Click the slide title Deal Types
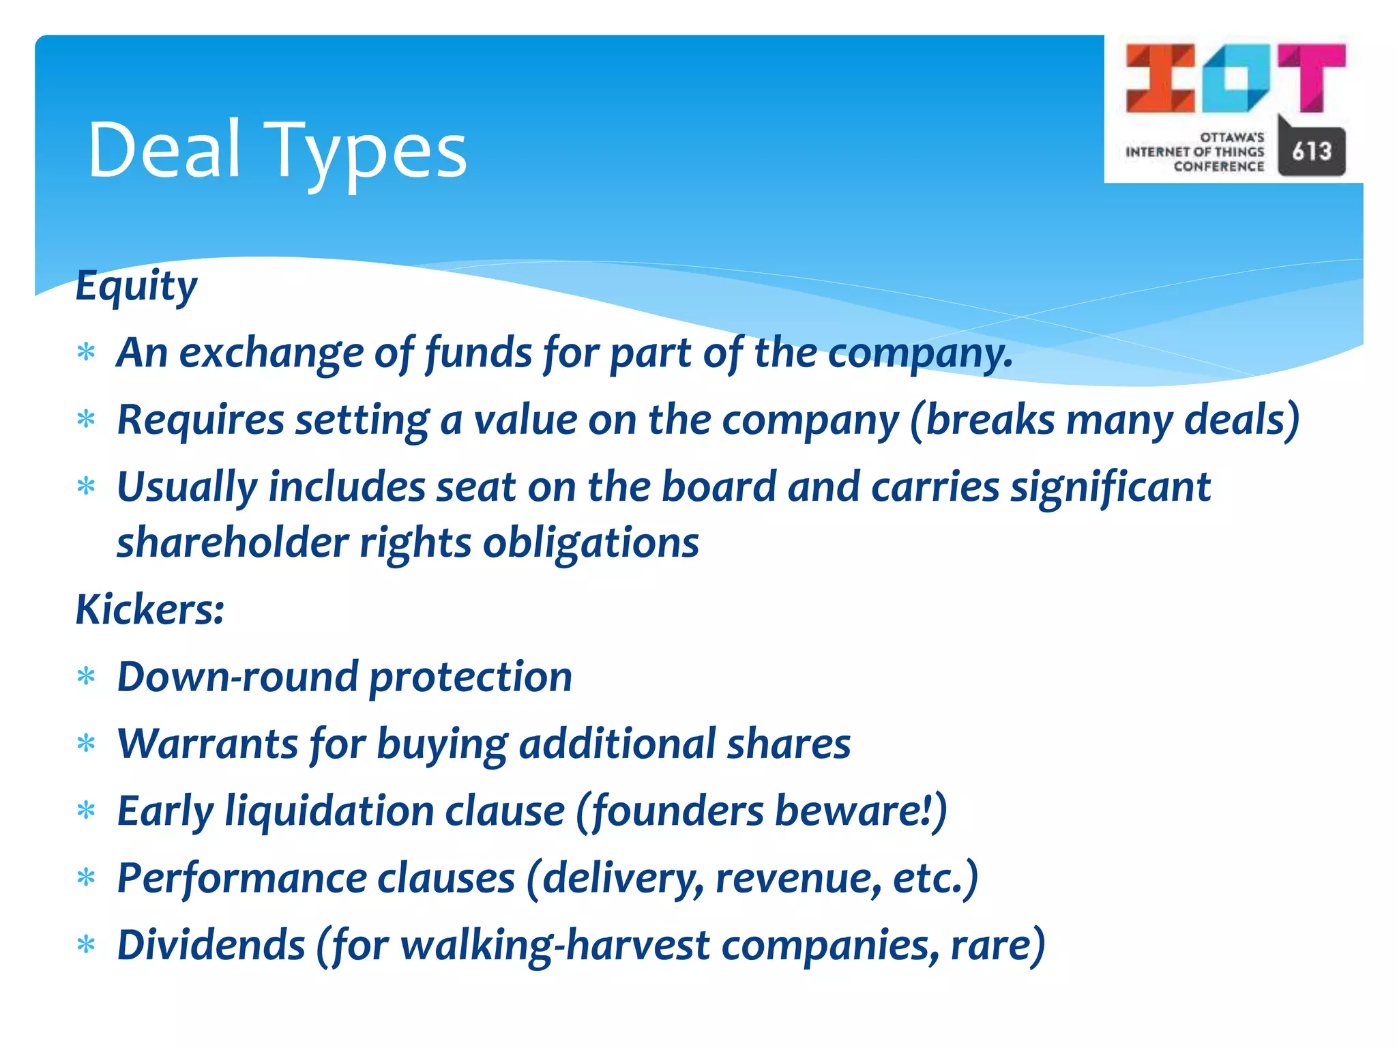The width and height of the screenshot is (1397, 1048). click(x=277, y=150)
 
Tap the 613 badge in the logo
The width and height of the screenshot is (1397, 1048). click(x=1311, y=151)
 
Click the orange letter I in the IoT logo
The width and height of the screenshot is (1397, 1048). click(x=1160, y=78)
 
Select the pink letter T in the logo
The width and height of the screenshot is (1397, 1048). click(x=1311, y=76)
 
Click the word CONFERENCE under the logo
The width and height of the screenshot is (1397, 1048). click(x=1218, y=166)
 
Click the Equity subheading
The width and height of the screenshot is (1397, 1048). click(x=136, y=285)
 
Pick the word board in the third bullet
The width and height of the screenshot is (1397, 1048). click(x=718, y=487)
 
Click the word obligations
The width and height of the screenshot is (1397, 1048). click(x=591, y=543)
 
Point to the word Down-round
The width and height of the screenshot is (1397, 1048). click(x=237, y=677)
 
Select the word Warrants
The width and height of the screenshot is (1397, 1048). click(x=207, y=744)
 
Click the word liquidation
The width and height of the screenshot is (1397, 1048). click(x=329, y=811)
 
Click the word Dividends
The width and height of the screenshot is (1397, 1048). click(x=211, y=945)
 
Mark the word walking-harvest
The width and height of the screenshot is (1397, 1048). click(x=555, y=945)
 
